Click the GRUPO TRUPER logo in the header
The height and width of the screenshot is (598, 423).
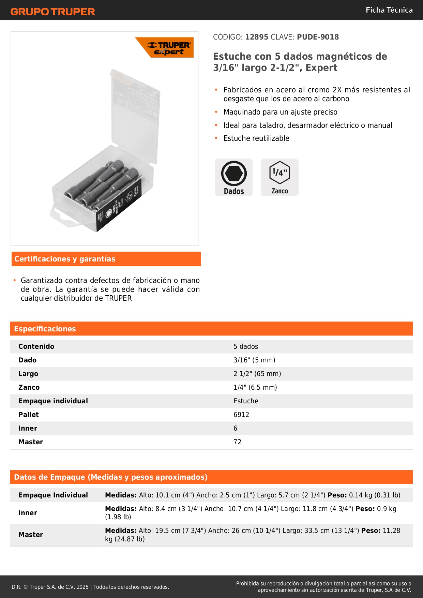52,12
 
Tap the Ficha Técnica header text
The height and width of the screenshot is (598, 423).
389,10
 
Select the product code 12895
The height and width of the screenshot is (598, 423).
257,37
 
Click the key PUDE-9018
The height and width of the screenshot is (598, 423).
318,37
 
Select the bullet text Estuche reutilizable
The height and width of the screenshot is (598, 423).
256,138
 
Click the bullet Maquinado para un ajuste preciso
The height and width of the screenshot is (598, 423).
280,112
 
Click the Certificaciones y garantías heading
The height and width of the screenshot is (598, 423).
65,259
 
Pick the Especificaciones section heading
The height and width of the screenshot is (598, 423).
45,329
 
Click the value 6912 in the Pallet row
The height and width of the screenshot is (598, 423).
241,415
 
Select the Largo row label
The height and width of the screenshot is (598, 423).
28,374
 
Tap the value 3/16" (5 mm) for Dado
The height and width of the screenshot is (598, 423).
254,360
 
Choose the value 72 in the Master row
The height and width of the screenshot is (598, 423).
237,442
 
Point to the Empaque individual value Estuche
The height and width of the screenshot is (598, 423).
246,401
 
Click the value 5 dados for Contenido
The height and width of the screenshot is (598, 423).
246,347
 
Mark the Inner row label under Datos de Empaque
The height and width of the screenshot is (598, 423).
28,513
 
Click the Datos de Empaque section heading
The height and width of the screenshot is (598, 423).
110,477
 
